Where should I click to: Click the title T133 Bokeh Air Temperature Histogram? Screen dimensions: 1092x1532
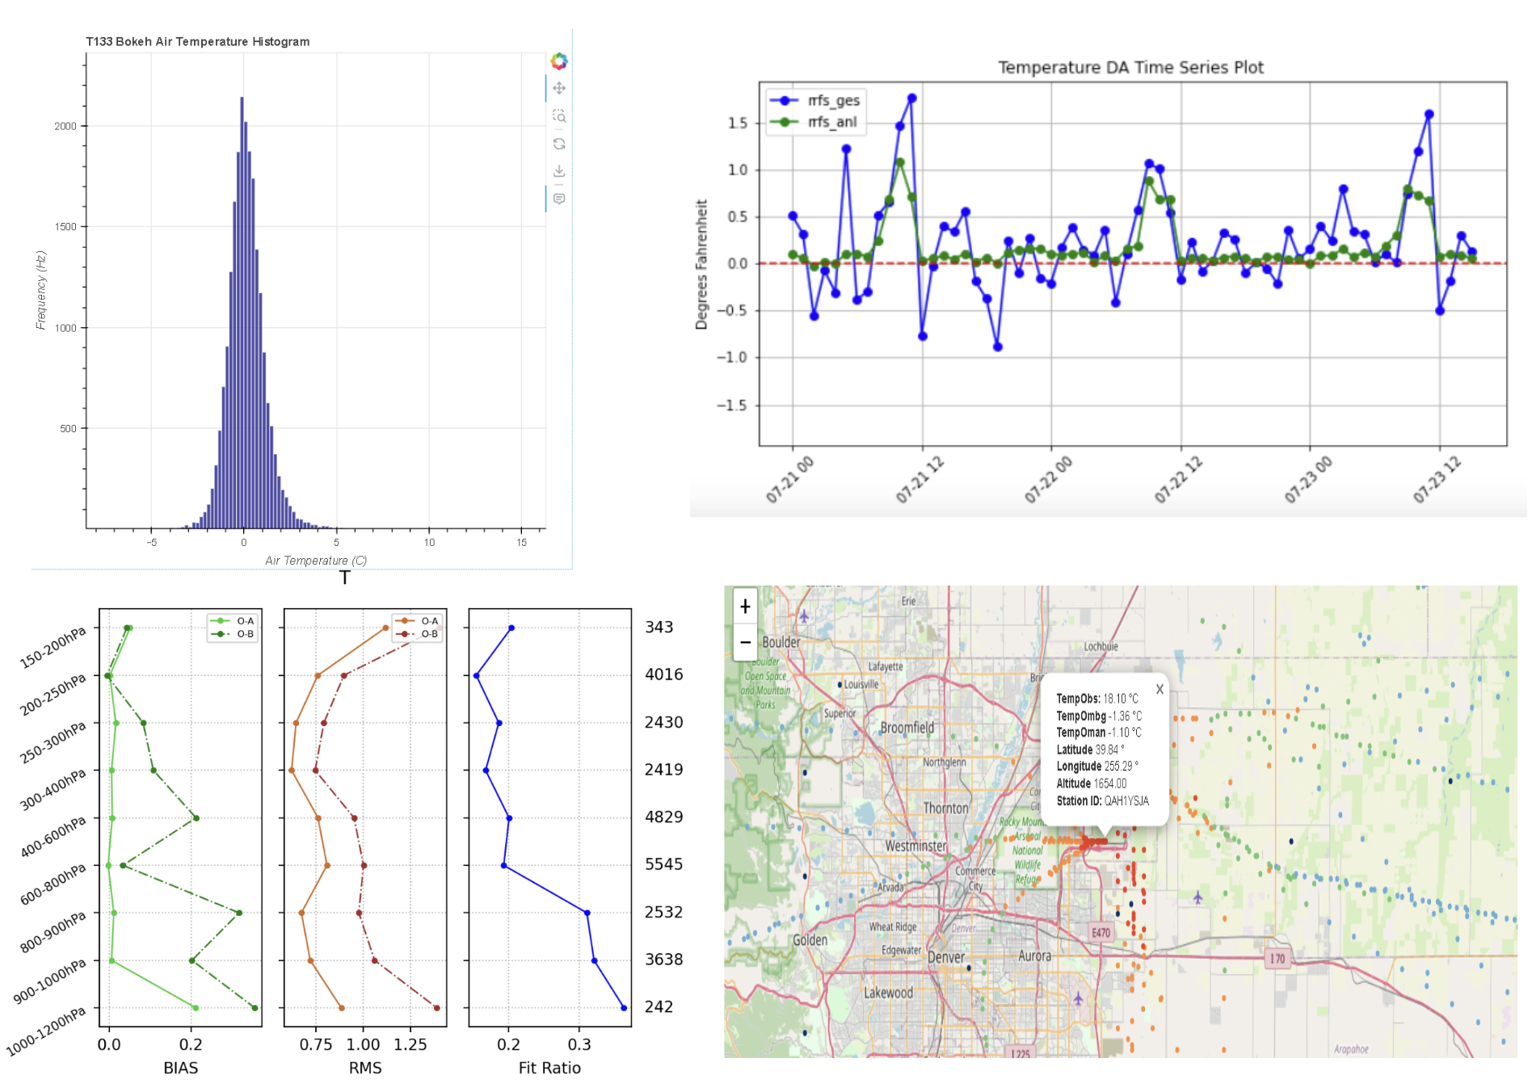197,42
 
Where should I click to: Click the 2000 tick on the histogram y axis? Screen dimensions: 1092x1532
65,126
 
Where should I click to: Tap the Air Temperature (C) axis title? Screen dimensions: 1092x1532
316,561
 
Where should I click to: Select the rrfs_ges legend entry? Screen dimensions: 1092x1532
833,101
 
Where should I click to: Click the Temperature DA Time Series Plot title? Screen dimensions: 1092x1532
1130,68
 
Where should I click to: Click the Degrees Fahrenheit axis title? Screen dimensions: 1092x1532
701,264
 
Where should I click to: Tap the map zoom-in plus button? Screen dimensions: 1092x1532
745,606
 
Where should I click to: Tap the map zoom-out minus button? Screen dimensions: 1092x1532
745,642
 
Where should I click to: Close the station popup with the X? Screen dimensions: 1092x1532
1160,689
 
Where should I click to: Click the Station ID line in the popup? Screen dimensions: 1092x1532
1102,801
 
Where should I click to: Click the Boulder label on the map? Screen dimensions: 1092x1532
781,643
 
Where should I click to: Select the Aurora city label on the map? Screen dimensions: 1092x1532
1034,956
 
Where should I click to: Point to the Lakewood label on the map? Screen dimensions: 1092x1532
888,993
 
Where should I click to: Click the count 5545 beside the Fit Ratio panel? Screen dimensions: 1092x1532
663,864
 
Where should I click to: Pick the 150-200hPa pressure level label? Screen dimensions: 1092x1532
53,649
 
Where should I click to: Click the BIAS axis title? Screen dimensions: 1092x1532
180,1068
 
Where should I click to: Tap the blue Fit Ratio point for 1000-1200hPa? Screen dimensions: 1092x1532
624,1007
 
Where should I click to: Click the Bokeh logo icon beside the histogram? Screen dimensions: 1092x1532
559,61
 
